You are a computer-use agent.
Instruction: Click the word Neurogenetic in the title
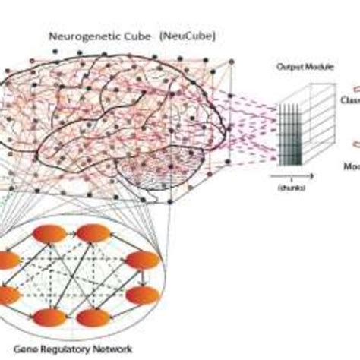coord(81,36)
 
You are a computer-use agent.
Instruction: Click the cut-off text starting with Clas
coord(352,100)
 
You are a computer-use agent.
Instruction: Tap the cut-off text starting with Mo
coord(352,165)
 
